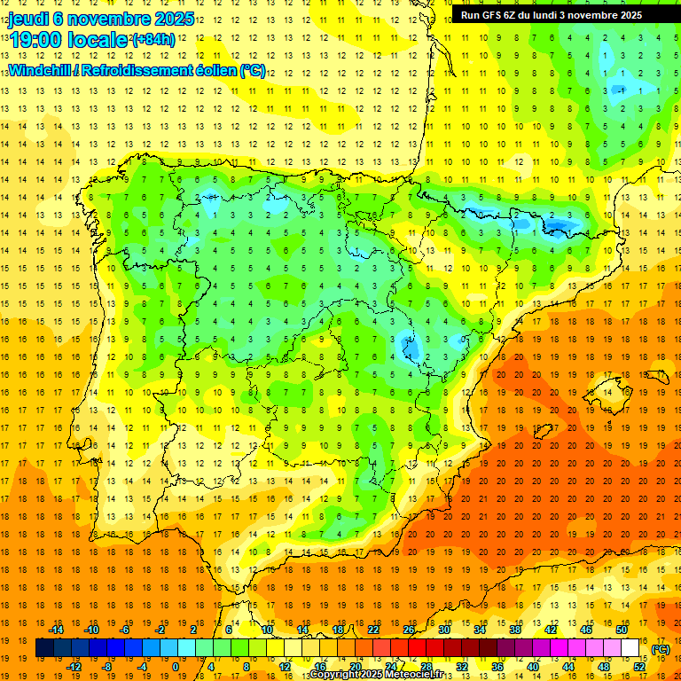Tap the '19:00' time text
36,40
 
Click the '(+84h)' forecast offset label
153,41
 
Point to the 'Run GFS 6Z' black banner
558,15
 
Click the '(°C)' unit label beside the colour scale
660,649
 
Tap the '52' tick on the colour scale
639,667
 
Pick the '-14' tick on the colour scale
59,630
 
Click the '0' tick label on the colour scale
176,667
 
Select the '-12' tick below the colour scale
74,667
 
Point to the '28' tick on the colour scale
427,667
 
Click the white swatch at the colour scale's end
630,648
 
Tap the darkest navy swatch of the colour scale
43,648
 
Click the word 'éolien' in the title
209,70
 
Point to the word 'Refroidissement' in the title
133,70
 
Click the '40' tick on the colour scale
532,667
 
